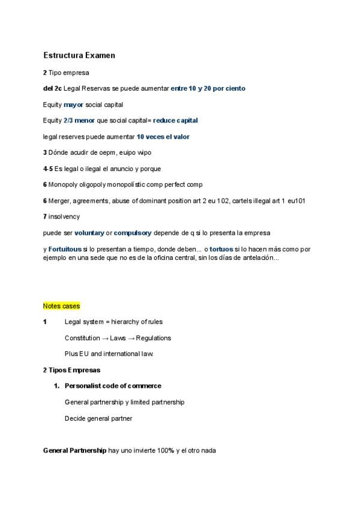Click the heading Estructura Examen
click(79, 55)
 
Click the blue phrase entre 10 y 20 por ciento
click(208, 88)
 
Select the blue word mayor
click(73, 104)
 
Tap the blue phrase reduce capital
click(175, 120)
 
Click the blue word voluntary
click(89, 232)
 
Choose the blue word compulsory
click(133, 232)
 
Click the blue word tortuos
click(221, 248)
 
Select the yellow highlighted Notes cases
click(62, 306)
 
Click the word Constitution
click(83, 338)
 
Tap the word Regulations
click(154, 338)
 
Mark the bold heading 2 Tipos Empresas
click(71, 370)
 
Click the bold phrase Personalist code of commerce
click(113, 386)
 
